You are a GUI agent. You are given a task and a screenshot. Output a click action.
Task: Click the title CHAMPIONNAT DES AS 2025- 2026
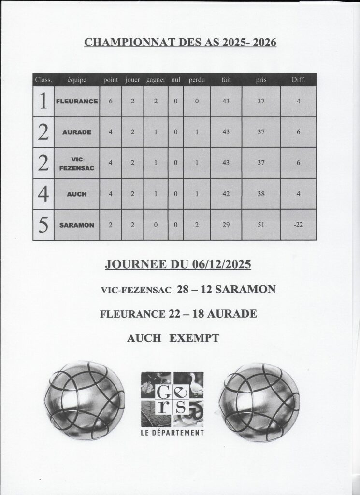coord(180,43)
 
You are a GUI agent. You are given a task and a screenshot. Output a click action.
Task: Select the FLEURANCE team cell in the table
coord(77,102)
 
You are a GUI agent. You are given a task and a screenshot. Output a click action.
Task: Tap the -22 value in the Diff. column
coord(299,225)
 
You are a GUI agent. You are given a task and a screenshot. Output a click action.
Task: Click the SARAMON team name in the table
coord(77,225)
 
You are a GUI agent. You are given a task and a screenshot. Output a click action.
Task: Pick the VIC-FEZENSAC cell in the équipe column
coord(77,163)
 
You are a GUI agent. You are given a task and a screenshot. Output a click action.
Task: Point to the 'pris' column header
coord(261,79)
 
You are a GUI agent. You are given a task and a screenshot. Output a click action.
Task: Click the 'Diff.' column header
coord(299,79)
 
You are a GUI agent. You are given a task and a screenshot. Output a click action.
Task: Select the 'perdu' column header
coord(197,79)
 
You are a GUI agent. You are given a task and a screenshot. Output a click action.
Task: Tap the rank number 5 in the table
coord(43,225)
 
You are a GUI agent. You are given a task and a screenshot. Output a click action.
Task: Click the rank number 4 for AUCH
coord(43,194)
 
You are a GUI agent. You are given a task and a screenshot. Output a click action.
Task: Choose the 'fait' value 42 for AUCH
coord(226,194)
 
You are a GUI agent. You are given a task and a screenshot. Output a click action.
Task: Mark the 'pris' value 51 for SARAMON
coord(261,225)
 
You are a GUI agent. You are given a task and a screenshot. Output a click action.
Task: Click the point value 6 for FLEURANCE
coord(111,102)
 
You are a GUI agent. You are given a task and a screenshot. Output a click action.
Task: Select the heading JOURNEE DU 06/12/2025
coord(178,265)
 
